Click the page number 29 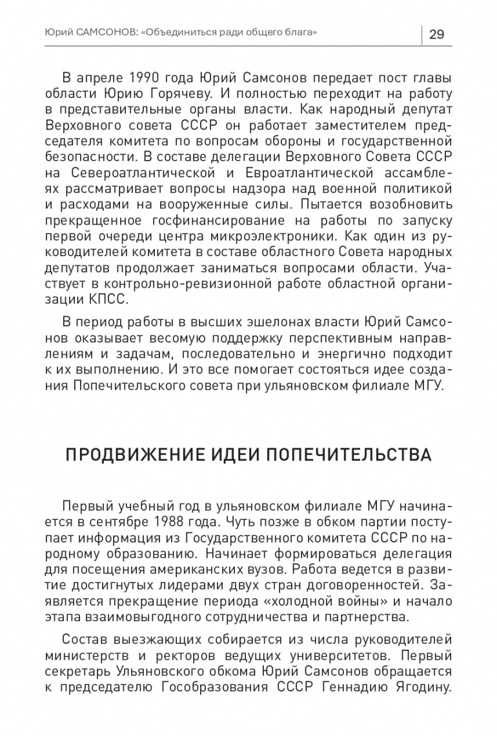436,34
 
